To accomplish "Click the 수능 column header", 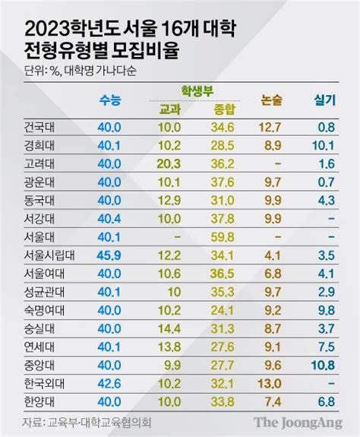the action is click(110, 100).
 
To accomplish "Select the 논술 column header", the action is click(271, 100).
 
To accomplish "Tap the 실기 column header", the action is click(324, 100).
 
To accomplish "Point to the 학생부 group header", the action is click(197, 91).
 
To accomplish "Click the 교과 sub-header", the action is click(169, 109).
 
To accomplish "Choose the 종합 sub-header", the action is click(224, 109).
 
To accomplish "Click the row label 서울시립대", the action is click(49, 255).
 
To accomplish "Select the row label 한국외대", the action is click(44, 384).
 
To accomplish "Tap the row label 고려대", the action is click(39, 164).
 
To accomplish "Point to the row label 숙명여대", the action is click(44, 310).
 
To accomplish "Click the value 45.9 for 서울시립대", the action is click(109, 255).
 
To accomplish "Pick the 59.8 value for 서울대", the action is click(223, 237).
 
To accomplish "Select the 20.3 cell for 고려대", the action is click(169, 164).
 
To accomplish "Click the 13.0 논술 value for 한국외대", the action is click(269, 384).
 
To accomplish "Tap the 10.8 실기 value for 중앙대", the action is click(324, 366).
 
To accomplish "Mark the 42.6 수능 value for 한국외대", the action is click(109, 384).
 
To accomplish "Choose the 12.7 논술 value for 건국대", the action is click(270, 128).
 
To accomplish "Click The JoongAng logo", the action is click(298, 423).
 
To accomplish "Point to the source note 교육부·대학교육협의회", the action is click(99, 423).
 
